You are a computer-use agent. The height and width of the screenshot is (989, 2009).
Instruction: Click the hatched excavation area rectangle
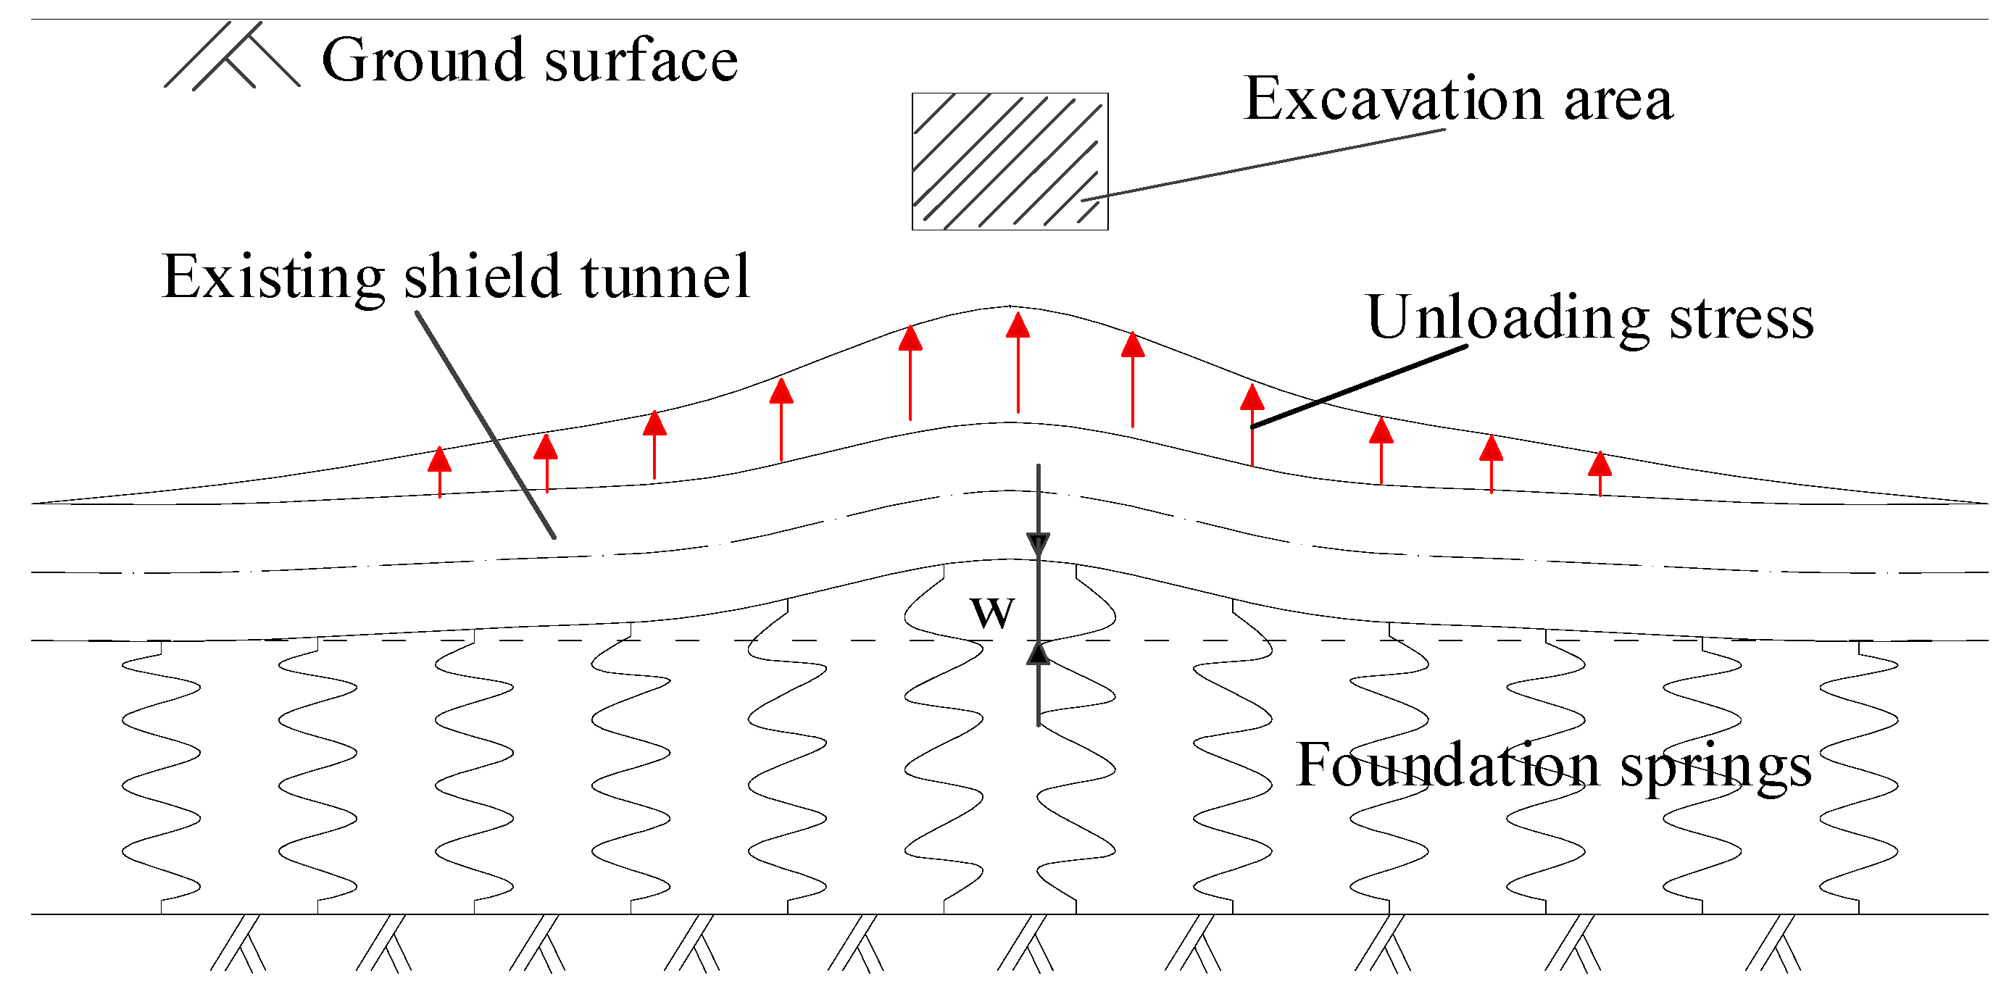point(1010,162)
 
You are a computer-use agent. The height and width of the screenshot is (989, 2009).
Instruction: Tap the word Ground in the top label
point(423,60)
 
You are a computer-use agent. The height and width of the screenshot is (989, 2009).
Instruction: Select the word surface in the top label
point(641,60)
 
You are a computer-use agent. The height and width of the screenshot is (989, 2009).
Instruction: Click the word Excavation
point(1394,99)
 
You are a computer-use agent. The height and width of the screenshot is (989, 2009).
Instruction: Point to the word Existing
point(273,277)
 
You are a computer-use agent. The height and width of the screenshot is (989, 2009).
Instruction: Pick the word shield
point(482,277)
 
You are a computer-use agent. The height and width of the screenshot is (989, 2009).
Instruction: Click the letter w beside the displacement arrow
point(992,612)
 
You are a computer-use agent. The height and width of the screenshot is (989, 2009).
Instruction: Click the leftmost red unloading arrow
point(440,471)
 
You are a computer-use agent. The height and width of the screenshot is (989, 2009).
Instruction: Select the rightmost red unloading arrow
point(1600,472)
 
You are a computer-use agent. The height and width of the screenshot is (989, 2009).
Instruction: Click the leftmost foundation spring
point(162,776)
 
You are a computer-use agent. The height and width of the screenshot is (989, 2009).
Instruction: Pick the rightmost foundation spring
point(1859,776)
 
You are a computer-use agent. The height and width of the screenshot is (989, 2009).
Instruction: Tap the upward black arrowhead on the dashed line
point(1038,654)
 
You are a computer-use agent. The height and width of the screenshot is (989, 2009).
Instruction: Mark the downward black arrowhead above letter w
point(1038,543)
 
